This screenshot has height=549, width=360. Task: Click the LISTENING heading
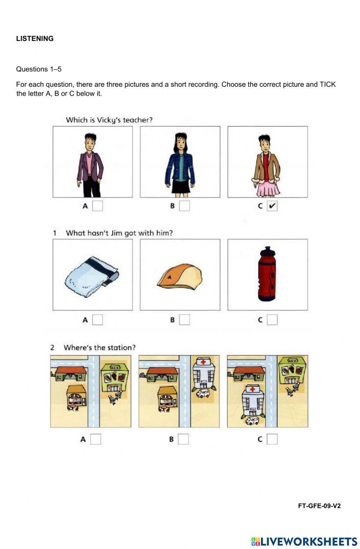35,39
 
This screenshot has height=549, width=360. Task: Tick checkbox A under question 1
98,320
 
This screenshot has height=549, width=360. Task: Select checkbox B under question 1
184,320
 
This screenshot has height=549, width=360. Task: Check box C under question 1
272,320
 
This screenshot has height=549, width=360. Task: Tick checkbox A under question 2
95,439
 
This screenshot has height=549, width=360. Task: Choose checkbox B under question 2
183,439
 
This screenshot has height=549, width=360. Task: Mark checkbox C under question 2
272,439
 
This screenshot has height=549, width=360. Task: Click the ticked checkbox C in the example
272,206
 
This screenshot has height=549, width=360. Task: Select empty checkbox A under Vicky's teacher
98,206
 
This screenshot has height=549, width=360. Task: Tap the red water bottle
267,274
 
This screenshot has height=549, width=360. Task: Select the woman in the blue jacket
180,164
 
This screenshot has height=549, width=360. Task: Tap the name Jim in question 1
116,233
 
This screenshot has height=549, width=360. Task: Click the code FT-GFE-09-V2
319,506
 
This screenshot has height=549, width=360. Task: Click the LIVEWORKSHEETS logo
304,541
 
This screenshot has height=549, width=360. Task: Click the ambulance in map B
203,393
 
